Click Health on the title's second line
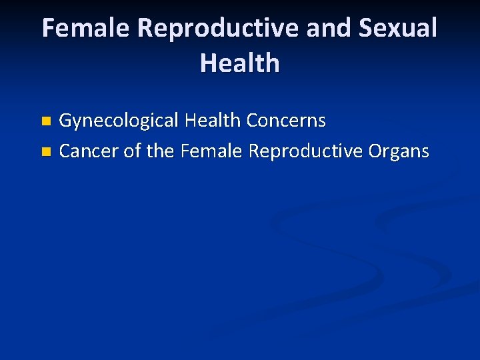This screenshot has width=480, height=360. click(239, 63)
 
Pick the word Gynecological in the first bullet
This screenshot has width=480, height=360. click(119, 121)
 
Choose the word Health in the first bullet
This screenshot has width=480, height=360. click(213, 121)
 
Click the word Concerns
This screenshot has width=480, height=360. click(286, 121)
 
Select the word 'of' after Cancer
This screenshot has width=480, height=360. click(133, 151)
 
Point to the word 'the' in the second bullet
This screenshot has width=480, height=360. click(160, 151)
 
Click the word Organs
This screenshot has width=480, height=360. click(399, 152)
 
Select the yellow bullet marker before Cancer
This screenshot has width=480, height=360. click(45, 153)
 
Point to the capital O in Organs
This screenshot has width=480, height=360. click(375, 151)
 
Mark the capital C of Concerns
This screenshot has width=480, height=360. click(253, 121)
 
